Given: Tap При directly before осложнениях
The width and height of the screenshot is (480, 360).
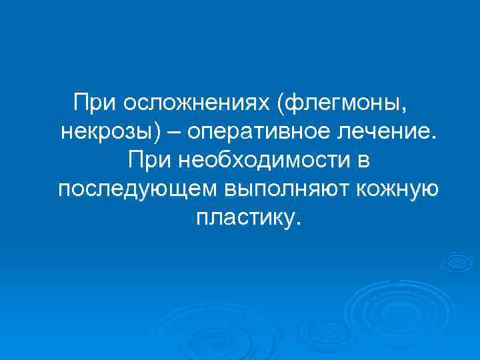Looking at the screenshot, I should click(x=93, y=104).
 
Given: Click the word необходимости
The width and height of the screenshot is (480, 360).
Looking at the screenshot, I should click(x=259, y=160).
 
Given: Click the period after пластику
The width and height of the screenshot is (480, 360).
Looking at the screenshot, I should click(x=298, y=223).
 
